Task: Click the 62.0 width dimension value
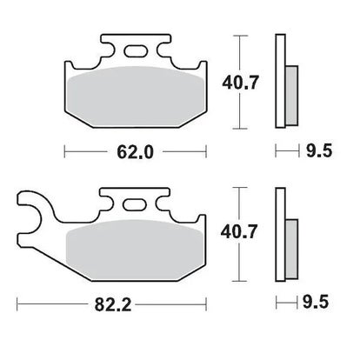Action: click(135, 152)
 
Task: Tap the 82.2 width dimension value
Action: click(113, 304)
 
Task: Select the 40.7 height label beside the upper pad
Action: click(240, 83)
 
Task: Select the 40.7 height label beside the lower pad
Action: click(239, 232)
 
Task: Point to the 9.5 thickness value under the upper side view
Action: click(319, 150)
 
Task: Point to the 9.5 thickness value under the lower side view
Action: click(316, 302)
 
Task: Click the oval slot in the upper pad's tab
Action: click(136, 51)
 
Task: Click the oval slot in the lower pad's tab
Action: click(134, 204)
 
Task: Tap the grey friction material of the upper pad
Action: click(135, 97)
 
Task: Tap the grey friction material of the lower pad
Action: click(134, 250)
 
